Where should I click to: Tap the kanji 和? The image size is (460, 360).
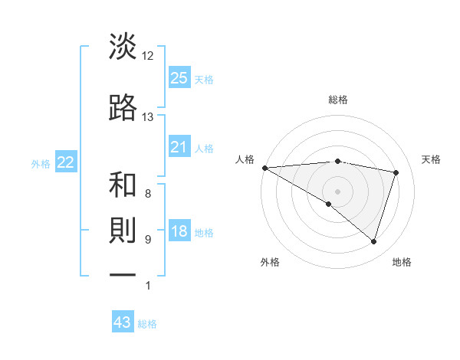tap(123, 185)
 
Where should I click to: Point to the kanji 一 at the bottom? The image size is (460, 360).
tap(123, 273)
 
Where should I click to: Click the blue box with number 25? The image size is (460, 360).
tap(179, 78)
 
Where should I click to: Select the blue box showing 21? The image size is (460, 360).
tap(179, 147)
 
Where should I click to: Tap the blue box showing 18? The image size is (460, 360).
tap(179, 232)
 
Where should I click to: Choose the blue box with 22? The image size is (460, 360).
tap(66, 162)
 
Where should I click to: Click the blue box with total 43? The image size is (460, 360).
tap(123, 322)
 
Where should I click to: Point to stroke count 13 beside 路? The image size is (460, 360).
tap(147, 117)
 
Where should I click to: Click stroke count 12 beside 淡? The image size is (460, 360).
tap(147, 56)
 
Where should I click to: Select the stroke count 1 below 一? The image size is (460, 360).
tap(147, 286)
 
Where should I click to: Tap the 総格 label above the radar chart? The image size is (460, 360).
tap(337, 100)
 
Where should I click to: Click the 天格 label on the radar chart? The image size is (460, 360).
tap(432, 159)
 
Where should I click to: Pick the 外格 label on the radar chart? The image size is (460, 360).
tap(270, 262)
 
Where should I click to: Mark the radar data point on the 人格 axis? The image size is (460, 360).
tap(264, 167)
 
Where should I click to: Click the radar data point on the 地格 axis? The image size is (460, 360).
tap(373, 242)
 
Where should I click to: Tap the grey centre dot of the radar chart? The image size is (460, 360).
tap(337, 191)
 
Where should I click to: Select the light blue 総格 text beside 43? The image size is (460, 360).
tap(147, 323)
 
